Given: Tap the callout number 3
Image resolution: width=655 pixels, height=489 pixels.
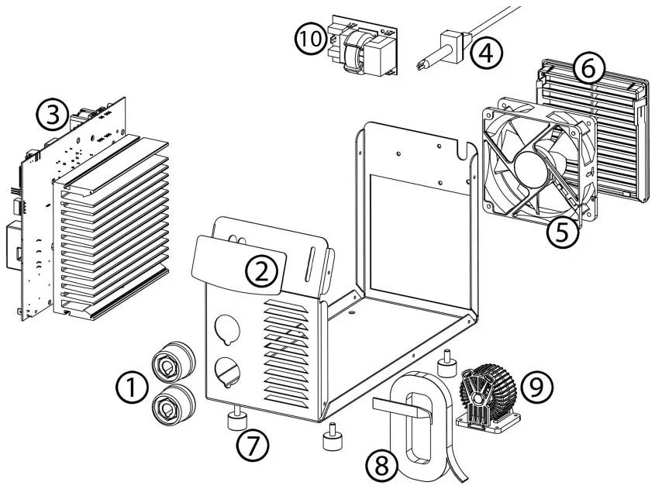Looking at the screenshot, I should (51, 115).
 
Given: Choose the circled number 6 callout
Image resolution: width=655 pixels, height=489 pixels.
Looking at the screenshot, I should (588, 69).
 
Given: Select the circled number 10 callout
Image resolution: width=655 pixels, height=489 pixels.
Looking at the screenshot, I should (312, 38).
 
